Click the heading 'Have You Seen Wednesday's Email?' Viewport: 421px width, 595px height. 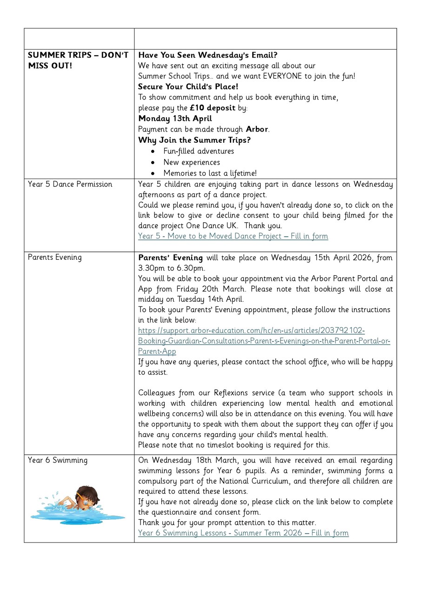click(x=207, y=55)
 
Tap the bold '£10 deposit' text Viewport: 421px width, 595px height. click(x=212, y=108)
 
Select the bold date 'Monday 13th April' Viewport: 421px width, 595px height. click(x=175, y=119)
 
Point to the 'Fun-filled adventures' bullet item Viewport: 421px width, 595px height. click(x=199, y=151)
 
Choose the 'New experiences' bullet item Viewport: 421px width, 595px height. click(x=192, y=162)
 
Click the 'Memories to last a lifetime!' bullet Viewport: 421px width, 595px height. click(x=210, y=173)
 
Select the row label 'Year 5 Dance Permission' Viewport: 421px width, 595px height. click(x=70, y=184)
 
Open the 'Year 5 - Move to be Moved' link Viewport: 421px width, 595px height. click(x=233, y=236)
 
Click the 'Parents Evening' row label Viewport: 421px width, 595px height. click(x=54, y=257)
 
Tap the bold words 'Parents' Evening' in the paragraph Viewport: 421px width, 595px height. click(x=170, y=258)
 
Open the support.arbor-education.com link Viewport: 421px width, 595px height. click(x=264, y=341)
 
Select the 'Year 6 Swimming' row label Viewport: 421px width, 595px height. click(x=57, y=460)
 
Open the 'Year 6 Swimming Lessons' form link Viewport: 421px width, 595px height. click(x=243, y=533)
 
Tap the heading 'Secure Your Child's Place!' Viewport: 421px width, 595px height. click(x=188, y=86)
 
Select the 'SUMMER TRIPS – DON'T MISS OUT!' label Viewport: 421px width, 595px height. click(x=78, y=60)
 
